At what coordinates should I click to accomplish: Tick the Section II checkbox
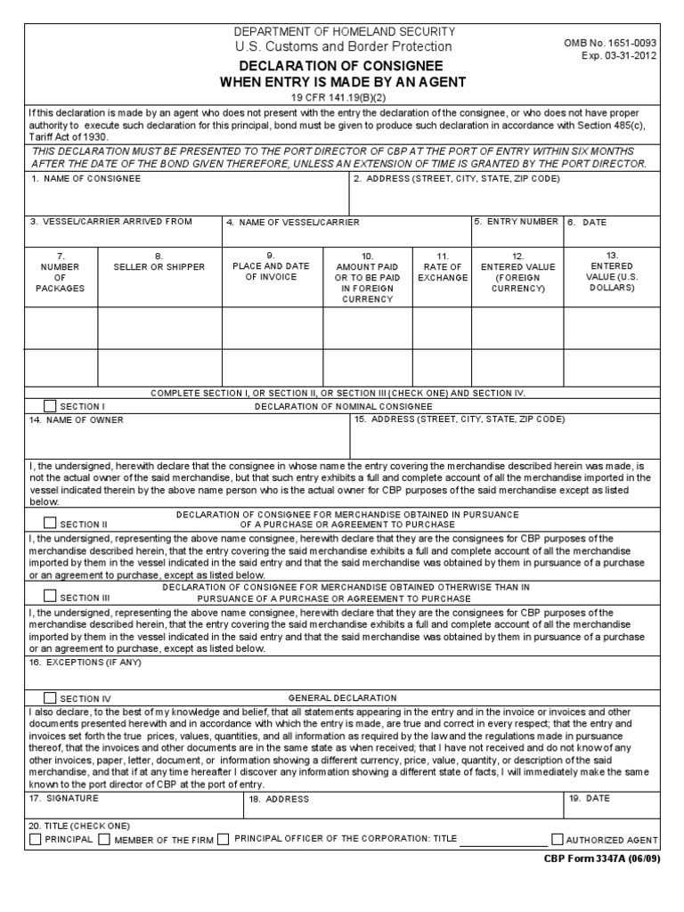click(50, 524)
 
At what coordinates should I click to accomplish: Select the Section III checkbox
click(50, 597)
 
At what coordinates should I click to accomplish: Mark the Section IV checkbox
click(50, 698)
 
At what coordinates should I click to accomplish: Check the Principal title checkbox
click(35, 839)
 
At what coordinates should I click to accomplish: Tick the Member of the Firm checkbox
click(104, 839)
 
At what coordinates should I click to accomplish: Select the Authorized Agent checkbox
click(558, 839)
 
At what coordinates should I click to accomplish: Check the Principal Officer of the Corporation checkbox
click(224, 839)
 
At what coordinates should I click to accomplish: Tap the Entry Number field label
click(517, 222)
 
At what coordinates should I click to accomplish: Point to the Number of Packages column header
click(61, 272)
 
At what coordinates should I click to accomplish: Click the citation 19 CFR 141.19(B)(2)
click(343, 96)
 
